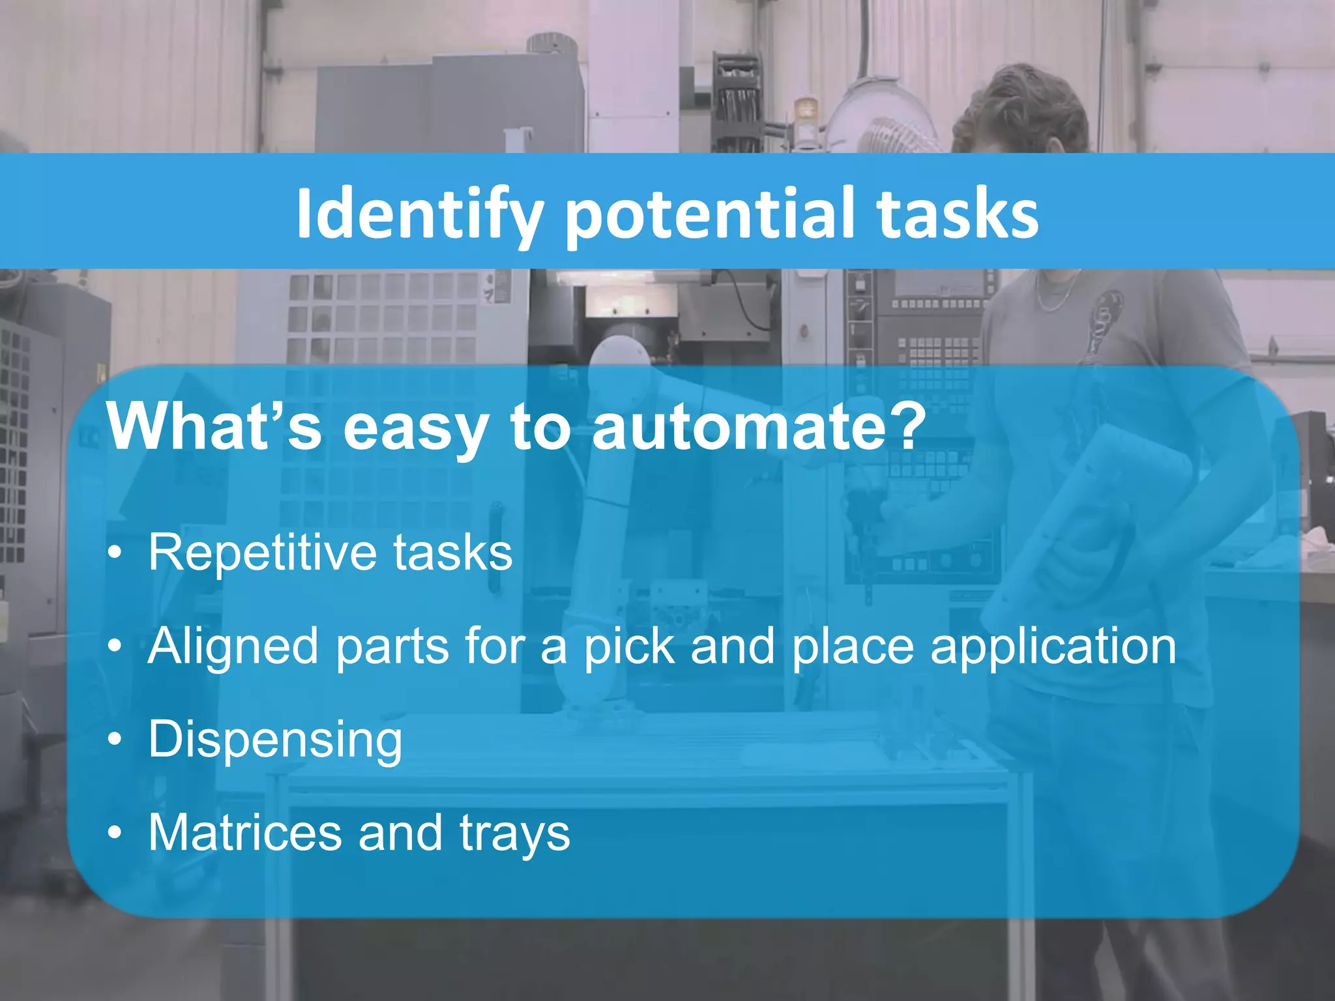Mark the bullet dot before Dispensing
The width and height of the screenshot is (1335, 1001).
pyautogui.click(x=115, y=740)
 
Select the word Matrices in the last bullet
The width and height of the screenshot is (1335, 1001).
pyautogui.click(x=245, y=833)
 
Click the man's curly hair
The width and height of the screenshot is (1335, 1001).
pyautogui.click(x=1017, y=104)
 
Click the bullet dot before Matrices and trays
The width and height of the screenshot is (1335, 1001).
pyautogui.click(x=115, y=833)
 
